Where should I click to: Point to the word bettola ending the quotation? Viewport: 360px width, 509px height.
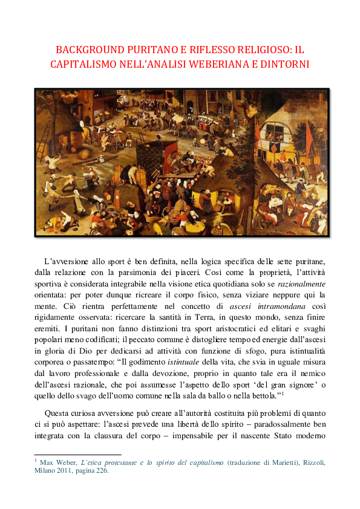coord(267,395)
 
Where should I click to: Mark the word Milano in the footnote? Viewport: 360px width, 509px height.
coord(45,472)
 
